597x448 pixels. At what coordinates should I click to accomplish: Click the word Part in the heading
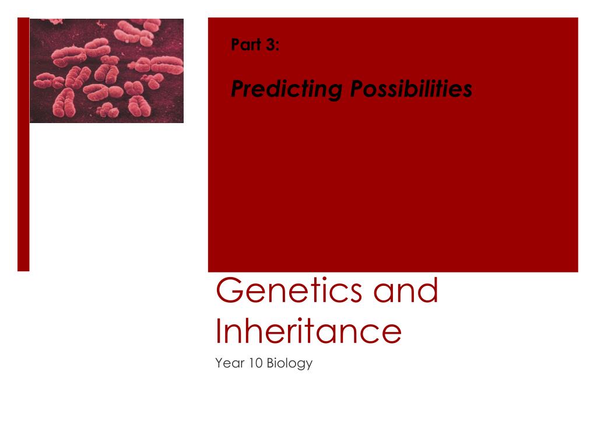point(246,44)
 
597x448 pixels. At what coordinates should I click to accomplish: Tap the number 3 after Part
point(271,44)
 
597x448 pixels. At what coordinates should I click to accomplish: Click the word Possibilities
point(411,89)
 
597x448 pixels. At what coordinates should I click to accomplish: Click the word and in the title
point(406,290)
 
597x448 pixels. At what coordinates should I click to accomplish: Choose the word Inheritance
point(308,331)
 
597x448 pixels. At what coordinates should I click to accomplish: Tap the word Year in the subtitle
point(230,363)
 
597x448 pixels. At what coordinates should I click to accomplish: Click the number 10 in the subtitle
point(256,363)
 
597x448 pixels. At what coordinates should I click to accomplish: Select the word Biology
point(290,363)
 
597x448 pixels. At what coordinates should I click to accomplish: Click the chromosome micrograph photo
point(107,71)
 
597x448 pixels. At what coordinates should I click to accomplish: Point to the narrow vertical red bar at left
point(23,145)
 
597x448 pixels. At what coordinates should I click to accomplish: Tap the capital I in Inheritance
point(218,331)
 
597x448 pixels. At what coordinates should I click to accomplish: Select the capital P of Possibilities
point(359,89)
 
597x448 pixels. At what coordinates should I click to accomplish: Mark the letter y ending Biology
point(309,365)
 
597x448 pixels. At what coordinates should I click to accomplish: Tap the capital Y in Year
point(219,363)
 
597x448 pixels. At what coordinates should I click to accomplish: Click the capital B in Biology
point(271,363)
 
